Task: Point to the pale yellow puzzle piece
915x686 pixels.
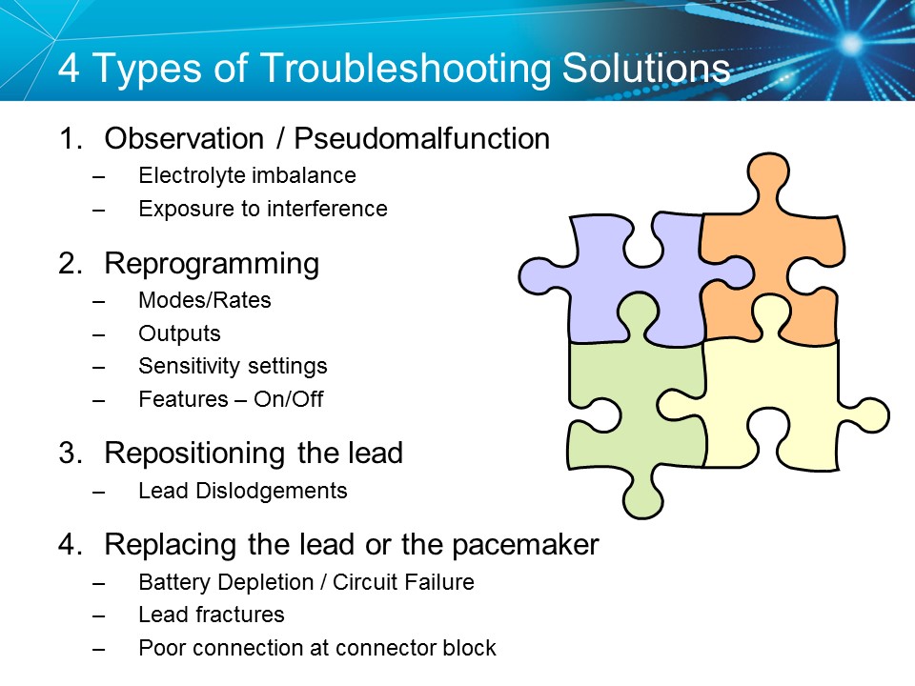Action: click(772, 400)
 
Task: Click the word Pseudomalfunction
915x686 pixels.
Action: click(421, 139)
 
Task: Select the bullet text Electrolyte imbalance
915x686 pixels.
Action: click(247, 175)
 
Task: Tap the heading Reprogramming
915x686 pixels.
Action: click(212, 264)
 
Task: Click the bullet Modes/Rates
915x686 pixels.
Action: click(204, 300)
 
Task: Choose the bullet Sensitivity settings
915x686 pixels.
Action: click(233, 366)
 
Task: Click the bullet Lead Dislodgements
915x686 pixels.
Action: click(242, 492)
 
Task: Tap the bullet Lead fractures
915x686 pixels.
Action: click(211, 615)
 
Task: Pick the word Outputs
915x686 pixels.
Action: click(179, 333)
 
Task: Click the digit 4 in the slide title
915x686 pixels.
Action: click(69, 71)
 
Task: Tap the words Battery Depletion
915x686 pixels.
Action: click(213, 581)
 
